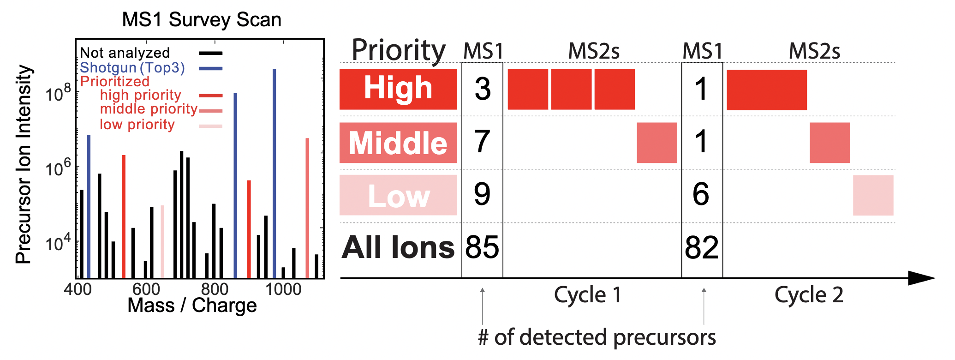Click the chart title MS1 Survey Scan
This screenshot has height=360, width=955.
[x=202, y=20]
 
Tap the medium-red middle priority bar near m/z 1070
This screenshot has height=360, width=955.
[x=307, y=208]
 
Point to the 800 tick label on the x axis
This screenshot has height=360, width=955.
[x=215, y=289]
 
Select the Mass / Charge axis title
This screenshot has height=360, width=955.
[x=192, y=306]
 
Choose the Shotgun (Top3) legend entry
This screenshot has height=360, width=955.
[x=132, y=68]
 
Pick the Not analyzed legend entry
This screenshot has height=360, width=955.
[x=125, y=53]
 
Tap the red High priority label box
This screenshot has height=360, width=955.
[x=398, y=89]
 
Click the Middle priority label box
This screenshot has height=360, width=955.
[x=398, y=143]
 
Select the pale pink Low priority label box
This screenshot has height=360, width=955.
[x=398, y=195]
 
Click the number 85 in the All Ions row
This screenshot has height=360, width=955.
[x=482, y=247]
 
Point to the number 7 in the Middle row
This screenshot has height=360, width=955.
[x=482, y=142]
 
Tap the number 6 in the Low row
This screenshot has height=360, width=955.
[x=701, y=194]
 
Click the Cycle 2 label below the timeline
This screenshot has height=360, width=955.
[x=809, y=295]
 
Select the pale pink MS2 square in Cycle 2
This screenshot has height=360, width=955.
[x=873, y=195]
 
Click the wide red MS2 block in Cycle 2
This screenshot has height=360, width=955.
[x=766, y=90]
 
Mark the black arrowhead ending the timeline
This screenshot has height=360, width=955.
[x=920, y=278]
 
